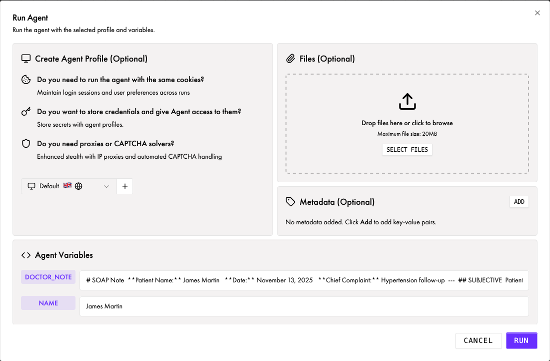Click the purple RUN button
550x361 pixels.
point(521,340)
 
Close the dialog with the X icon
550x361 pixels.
point(537,13)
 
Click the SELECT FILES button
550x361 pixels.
point(407,150)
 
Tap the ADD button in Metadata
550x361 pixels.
point(519,202)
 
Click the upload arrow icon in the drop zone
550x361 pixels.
point(407,102)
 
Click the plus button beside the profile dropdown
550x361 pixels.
point(125,186)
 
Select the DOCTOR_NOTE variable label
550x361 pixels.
point(48,277)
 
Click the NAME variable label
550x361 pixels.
point(48,303)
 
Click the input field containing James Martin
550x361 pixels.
point(303,306)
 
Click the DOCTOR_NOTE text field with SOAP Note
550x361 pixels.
point(303,280)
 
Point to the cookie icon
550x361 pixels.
point(26,80)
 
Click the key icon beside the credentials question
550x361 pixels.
point(26,112)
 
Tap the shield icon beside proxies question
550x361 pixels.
point(26,144)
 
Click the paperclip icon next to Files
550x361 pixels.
point(290,59)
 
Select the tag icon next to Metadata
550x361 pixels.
point(290,202)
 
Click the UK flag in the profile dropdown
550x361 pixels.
point(67,186)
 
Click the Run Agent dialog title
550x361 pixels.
point(30,18)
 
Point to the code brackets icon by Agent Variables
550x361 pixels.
point(26,255)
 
